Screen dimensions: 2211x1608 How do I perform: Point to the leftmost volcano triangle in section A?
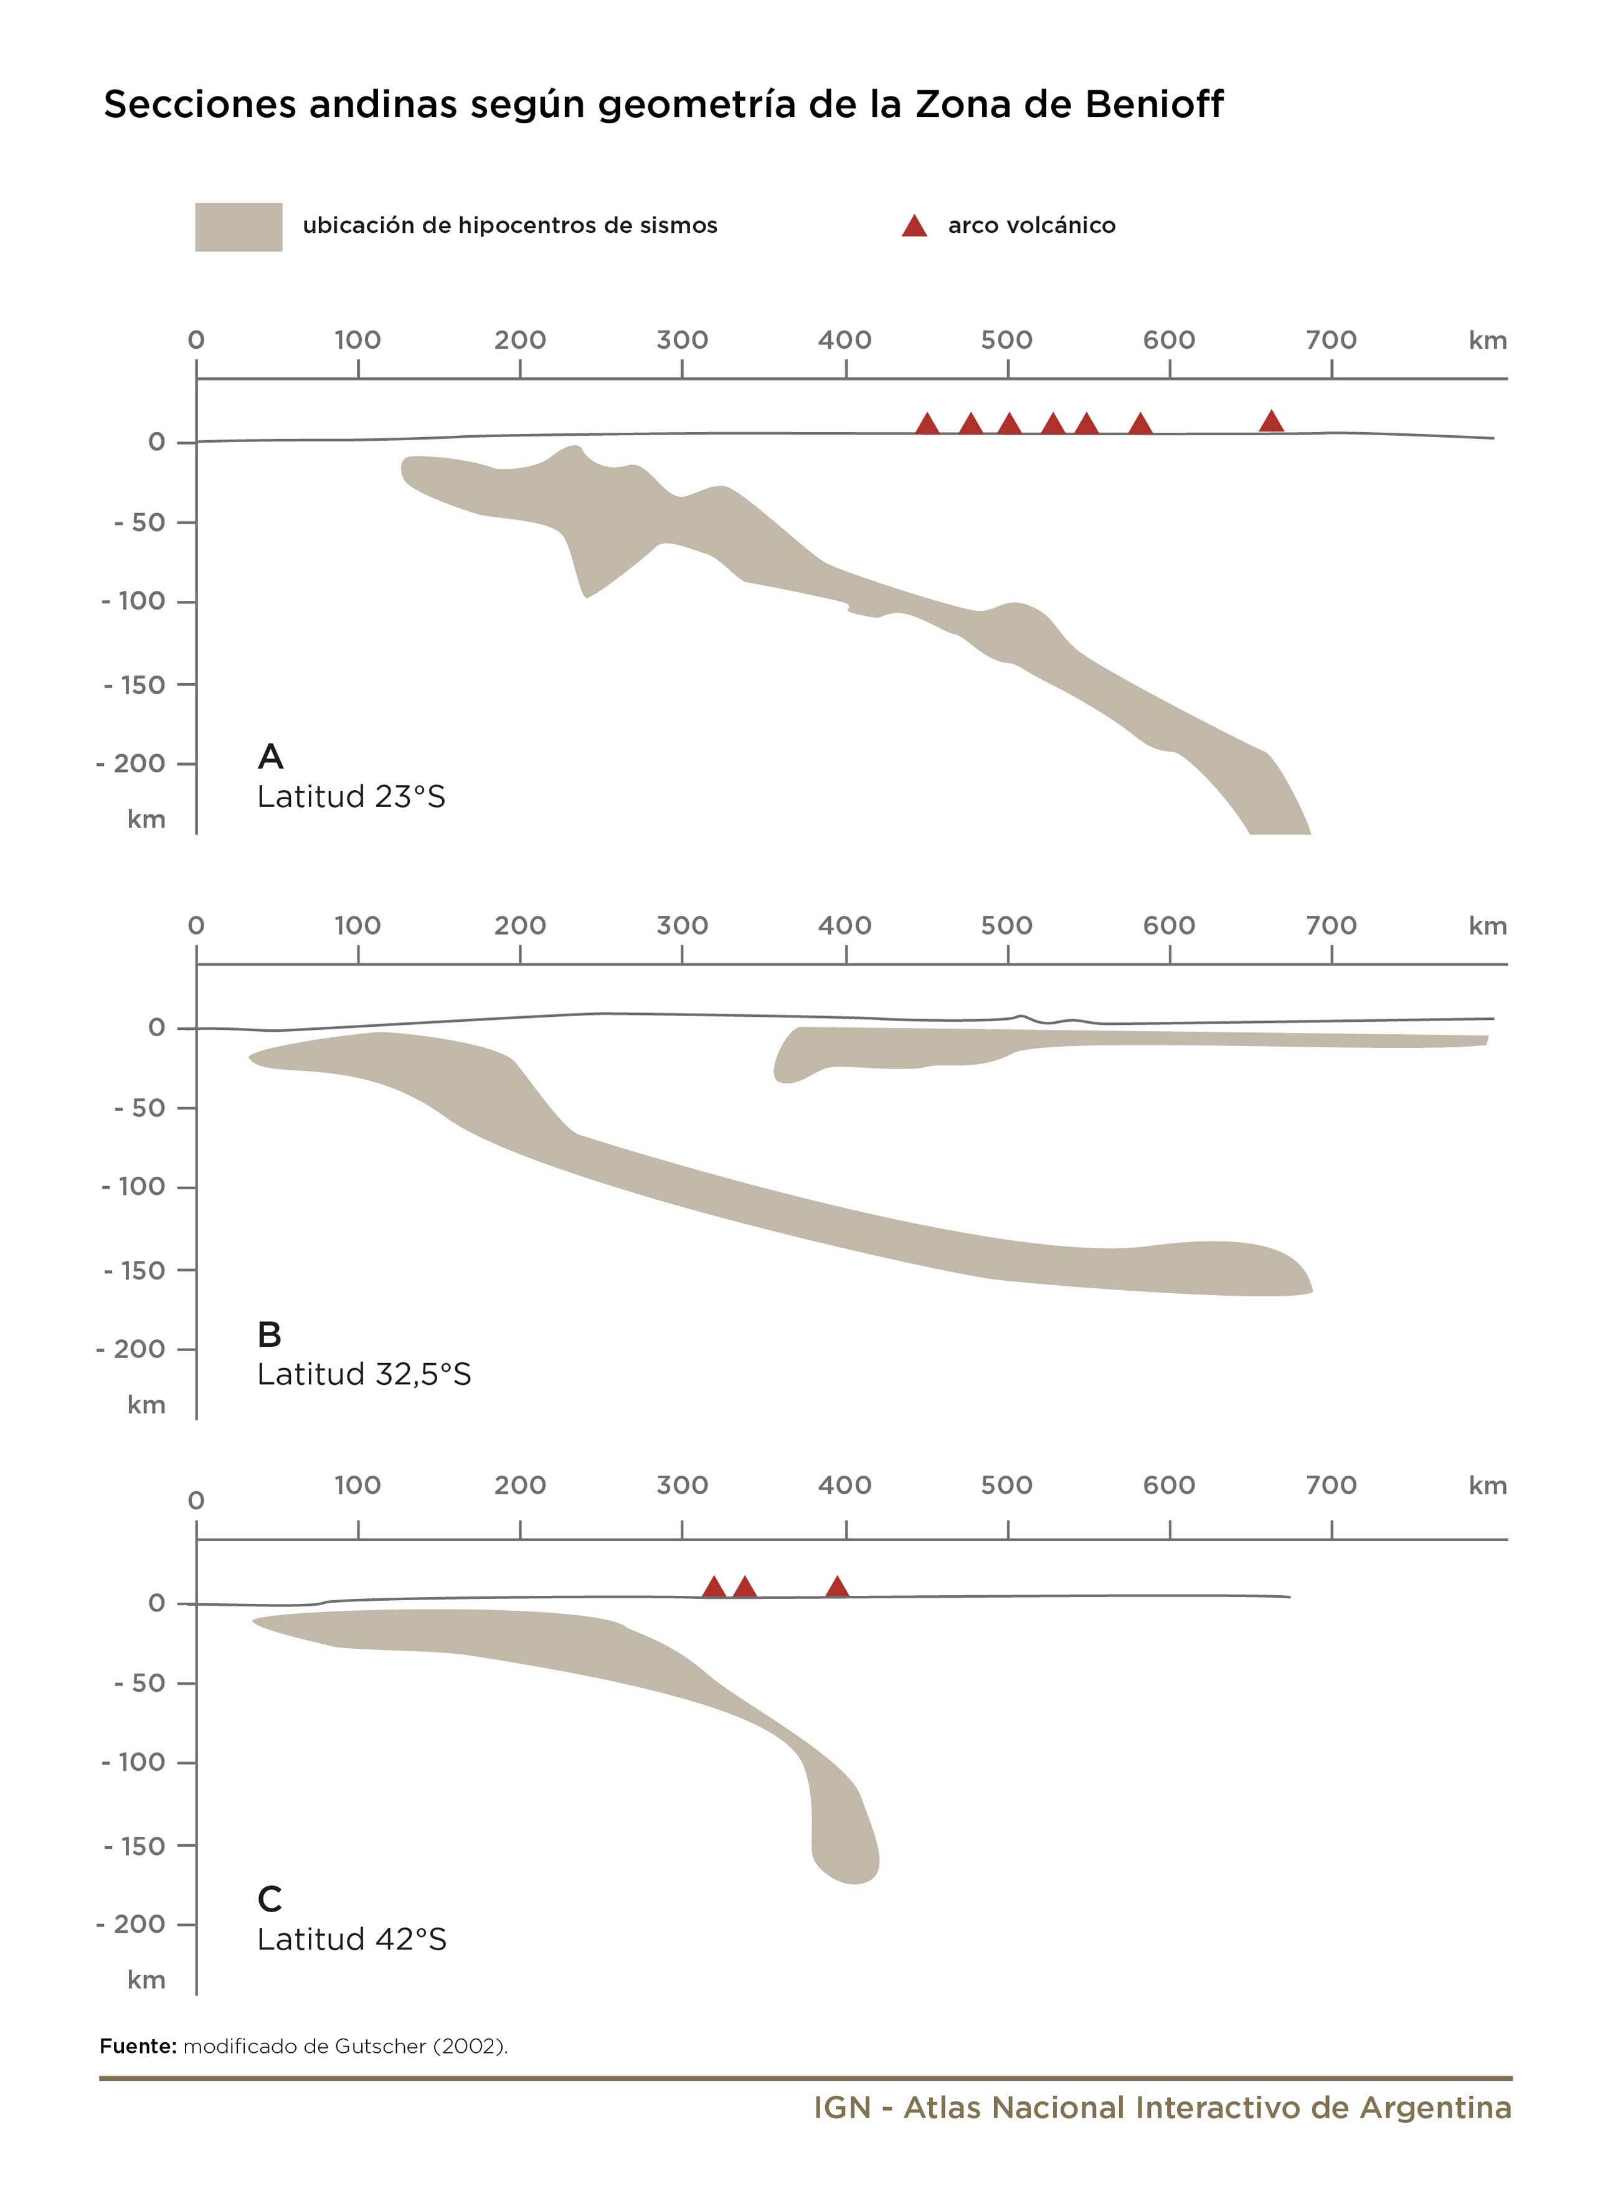pyautogui.click(x=927, y=424)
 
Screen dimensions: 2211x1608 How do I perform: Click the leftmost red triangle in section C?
pyautogui.click(x=714, y=1587)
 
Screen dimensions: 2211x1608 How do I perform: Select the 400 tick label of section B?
pyautogui.click(x=844, y=925)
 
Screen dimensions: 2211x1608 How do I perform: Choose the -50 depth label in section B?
pyautogui.click(x=140, y=1108)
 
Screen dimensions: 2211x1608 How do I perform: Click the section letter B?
pyautogui.click(x=269, y=1334)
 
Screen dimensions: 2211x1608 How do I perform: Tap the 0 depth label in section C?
pyautogui.click(x=156, y=1604)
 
